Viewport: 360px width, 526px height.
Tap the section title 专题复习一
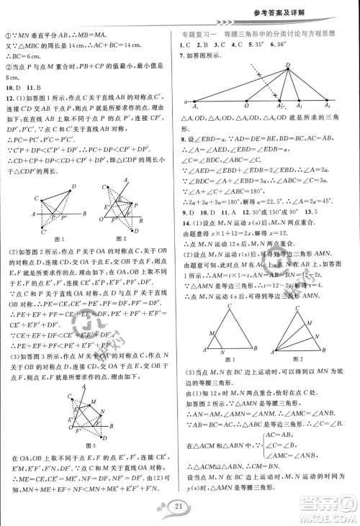[199, 34]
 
